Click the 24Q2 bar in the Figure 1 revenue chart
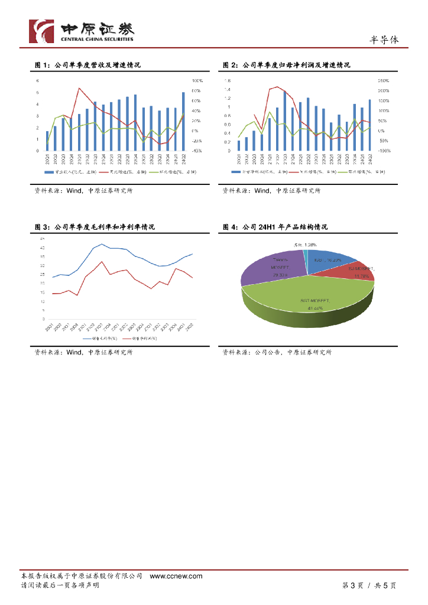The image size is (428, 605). click(x=183, y=121)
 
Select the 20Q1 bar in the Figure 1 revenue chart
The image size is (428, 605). click(x=47, y=141)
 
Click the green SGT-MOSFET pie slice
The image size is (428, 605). click(x=307, y=301)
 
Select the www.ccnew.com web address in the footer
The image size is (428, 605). click(x=176, y=576)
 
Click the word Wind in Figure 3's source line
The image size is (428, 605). click(x=74, y=352)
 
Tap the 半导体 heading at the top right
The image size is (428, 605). click(x=384, y=40)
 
